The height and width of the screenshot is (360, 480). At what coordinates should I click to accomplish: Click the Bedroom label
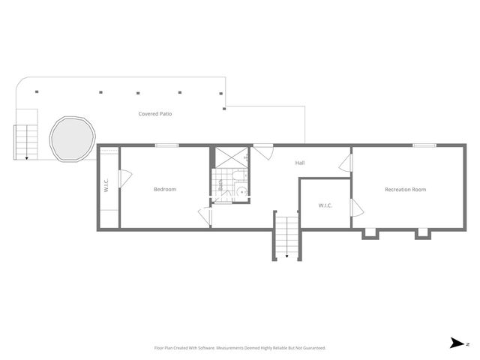tap(165, 189)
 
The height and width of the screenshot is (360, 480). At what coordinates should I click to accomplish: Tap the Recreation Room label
tap(405, 189)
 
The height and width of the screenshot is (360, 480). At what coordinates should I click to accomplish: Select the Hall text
tap(299, 163)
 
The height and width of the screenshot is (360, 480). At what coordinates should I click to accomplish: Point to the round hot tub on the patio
tap(72, 139)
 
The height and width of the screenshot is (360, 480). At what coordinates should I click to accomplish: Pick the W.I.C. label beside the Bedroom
tap(106, 184)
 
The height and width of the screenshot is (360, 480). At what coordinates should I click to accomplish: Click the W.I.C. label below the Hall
tap(325, 205)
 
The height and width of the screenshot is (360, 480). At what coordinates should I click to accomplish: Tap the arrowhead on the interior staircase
tap(286, 256)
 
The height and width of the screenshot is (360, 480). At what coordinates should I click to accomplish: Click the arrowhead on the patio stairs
tap(27, 157)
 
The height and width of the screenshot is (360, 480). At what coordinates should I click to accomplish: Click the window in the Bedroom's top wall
tap(166, 145)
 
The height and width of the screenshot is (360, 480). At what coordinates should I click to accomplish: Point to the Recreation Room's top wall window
tap(424, 145)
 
